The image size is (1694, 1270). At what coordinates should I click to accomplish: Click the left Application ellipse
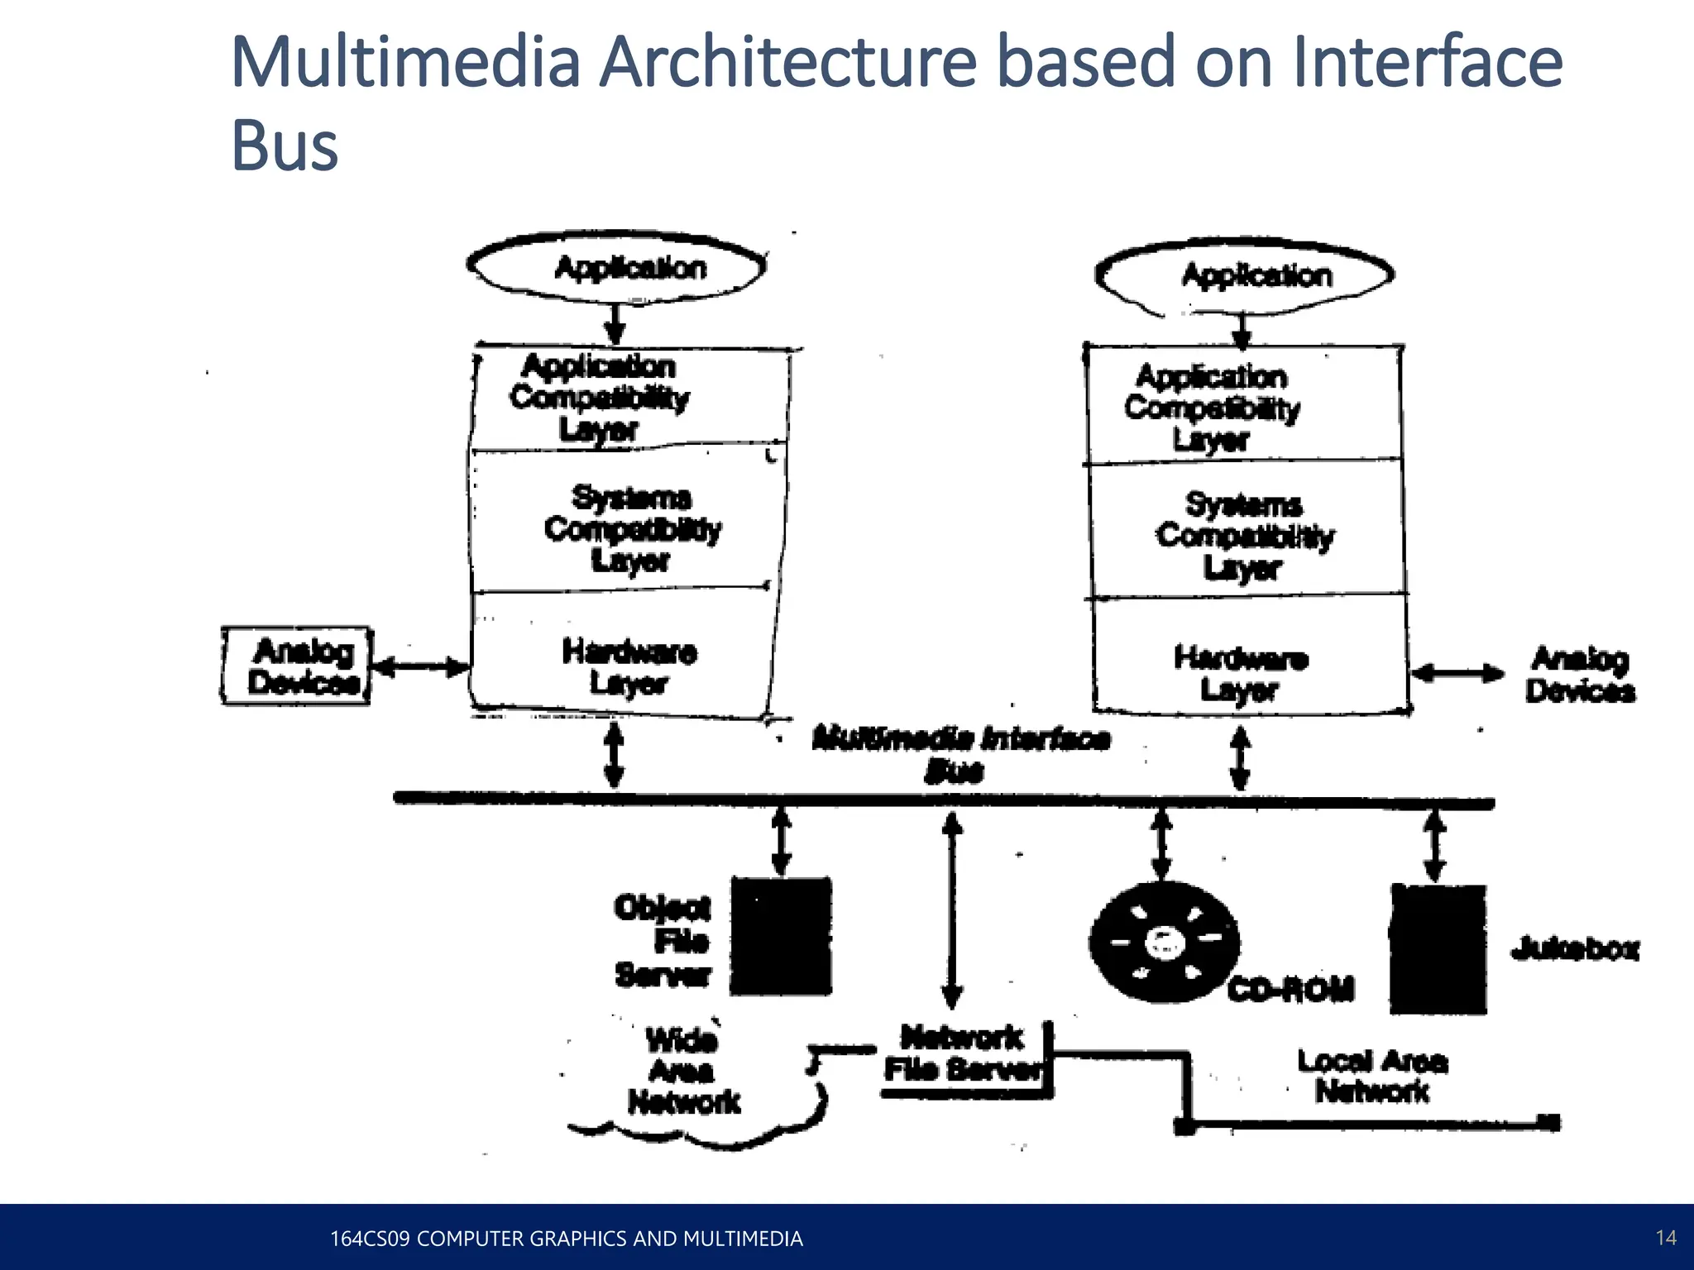click(616, 268)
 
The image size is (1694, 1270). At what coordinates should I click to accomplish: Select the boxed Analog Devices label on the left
click(297, 666)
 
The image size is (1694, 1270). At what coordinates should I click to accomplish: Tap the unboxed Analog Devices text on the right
click(1580, 675)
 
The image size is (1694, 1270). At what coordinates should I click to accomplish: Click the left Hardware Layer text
click(629, 667)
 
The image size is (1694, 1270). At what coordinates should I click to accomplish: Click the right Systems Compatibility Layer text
click(1244, 536)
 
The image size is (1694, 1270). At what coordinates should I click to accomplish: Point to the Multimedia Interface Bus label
click(960, 753)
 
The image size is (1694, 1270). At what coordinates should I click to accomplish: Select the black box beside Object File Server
click(781, 936)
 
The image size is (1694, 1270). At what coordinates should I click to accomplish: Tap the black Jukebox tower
click(1438, 949)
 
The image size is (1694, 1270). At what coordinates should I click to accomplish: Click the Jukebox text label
click(1574, 949)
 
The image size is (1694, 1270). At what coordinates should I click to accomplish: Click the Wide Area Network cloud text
click(683, 1071)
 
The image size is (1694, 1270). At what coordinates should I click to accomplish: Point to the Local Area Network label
click(1372, 1076)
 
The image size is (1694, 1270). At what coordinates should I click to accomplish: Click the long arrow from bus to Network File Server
click(953, 910)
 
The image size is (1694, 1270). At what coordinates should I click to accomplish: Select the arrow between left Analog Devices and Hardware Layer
click(421, 666)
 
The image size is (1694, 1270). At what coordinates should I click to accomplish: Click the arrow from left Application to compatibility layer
click(615, 323)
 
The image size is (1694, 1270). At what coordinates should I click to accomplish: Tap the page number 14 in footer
click(1666, 1238)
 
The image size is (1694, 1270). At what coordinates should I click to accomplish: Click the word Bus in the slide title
click(285, 146)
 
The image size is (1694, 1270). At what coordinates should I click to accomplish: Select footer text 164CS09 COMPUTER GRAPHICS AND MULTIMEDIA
click(566, 1239)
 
